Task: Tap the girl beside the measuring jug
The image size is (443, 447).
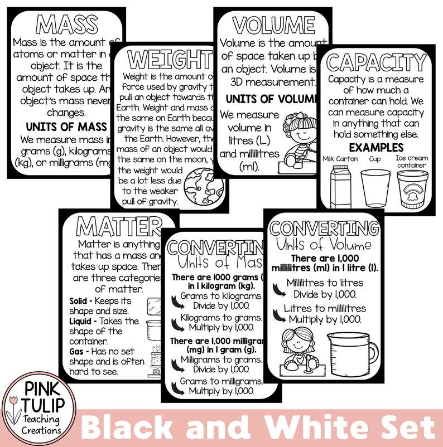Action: pyautogui.click(x=296, y=351)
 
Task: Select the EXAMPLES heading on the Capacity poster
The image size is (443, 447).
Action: pyautogui.click(x=376, y=148)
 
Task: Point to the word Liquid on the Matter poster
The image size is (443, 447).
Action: pyautogui.click(x=80, y=322)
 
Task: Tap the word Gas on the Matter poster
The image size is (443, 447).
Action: pyautogui.click(x=76, y=352)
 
